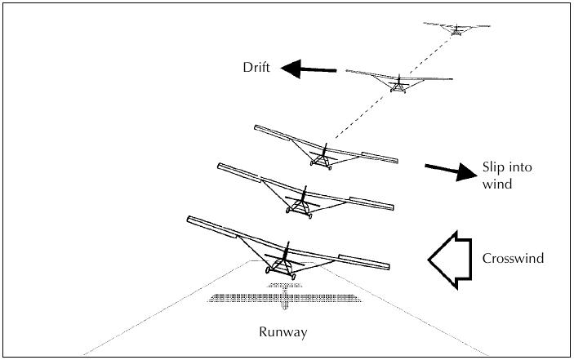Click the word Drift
coord(256,67)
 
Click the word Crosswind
coord(513,259)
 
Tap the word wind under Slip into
coord(496,184)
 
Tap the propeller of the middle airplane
coord(323,151)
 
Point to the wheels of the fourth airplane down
coord(297,215)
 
